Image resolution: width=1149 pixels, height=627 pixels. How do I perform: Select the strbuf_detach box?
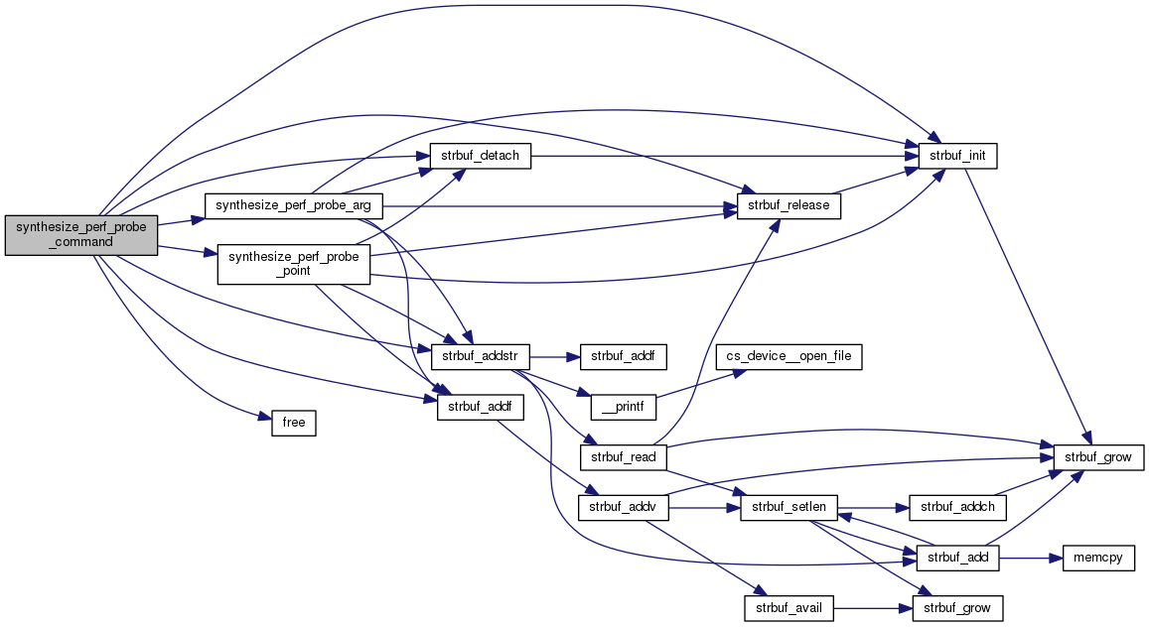pos(479,156)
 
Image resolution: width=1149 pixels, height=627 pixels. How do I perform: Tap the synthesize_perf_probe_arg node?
pos(293,206)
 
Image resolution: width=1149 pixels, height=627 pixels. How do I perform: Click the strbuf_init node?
pos(958,156)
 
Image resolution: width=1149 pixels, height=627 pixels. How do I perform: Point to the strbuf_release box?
pos(790,206)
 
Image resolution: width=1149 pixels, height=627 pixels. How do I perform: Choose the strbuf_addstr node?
pos(479,354)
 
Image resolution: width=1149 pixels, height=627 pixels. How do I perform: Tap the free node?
pos(293,424)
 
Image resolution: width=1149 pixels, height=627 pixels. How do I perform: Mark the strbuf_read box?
pos(621,457)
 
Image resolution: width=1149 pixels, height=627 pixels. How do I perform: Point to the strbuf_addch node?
pos(958,507)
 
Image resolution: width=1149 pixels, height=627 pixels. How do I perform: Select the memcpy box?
pos(1098,559)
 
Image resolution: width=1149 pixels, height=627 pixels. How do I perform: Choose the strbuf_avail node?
pos(790,607)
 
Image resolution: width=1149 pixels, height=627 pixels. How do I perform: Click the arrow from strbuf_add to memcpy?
pos(1029,559)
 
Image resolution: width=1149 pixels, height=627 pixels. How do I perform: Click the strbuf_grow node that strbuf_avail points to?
pos(958,607)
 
